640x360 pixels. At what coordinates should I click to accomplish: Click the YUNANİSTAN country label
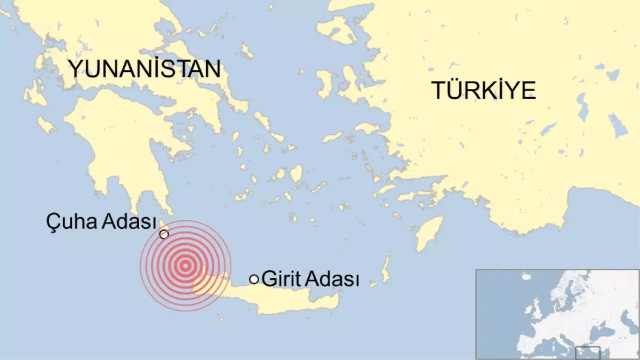pos(144,69)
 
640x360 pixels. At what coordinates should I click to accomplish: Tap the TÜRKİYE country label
pos(483,91)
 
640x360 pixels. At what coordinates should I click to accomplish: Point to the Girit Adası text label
pos(310,279)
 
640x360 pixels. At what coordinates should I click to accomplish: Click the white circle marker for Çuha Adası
pos(164,234)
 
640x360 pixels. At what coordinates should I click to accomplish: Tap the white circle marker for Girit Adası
pos(254,279)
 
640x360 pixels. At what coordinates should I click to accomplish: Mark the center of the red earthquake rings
pos(185,266)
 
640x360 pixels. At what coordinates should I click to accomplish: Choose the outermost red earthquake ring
pos(140,266)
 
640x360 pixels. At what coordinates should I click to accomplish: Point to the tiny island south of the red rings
pos(220,320)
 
